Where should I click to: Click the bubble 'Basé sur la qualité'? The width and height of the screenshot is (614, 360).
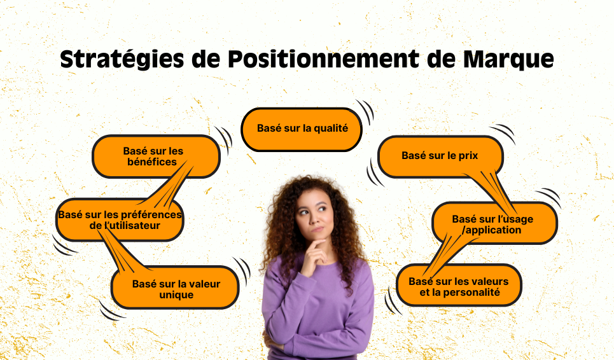(x=302, y=129)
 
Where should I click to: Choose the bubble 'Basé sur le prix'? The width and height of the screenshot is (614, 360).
(x=440, y=156)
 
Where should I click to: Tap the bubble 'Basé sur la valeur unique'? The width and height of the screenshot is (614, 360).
(x=176, y=289)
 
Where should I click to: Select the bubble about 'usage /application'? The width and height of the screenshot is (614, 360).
(x=494, y=224)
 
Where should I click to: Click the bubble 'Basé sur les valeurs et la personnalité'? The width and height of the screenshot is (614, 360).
(x=458, y=286)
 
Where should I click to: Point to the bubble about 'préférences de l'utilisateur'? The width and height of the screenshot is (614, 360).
(x=120, y=220)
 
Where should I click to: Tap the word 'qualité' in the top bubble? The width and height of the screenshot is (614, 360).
(x=330, y=128)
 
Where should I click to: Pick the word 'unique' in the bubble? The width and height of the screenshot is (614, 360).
(x=176, y=295)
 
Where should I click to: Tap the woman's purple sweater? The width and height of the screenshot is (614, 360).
(x=318, y=312)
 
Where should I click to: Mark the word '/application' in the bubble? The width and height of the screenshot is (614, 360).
(x=492, y=230)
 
